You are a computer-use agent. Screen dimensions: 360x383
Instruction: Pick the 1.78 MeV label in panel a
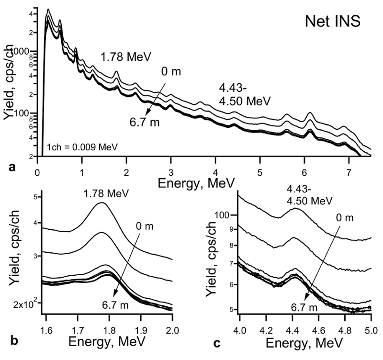point(126,57)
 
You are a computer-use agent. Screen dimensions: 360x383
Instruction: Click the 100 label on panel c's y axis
point(225,215)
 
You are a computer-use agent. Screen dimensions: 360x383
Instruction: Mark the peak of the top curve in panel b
point(102,202)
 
